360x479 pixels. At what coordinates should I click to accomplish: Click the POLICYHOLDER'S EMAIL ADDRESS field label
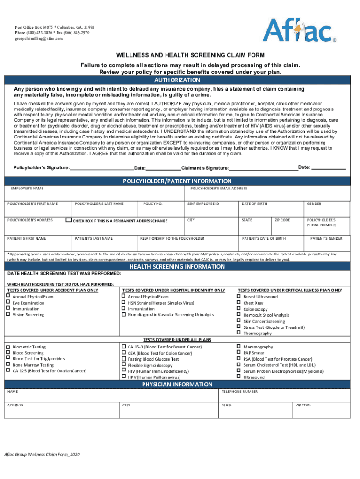click(x=219, y=189)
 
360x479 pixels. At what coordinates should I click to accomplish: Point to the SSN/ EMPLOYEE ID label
click(x=203, y=204)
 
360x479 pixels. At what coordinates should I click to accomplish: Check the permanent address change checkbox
click(x=69, y=220)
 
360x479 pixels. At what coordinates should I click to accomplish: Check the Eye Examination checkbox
click(x=7, y=303)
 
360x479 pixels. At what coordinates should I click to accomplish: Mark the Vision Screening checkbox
click(x=7, y=314)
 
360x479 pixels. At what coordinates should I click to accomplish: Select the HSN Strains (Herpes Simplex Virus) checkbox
click(x=123, y=303)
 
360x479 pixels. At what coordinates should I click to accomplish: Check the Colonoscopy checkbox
click(x=238, y=309)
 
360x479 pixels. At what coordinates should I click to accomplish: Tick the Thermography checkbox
click(x=238, y=333)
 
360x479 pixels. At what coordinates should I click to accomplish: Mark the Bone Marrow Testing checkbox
click(x=7, y=364)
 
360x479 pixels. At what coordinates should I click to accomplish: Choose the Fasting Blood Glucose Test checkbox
click(x=123, y=359)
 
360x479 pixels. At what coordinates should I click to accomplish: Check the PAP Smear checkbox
click(x=238, y=353)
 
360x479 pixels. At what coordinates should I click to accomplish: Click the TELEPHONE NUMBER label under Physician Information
click(x=239, y=392)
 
